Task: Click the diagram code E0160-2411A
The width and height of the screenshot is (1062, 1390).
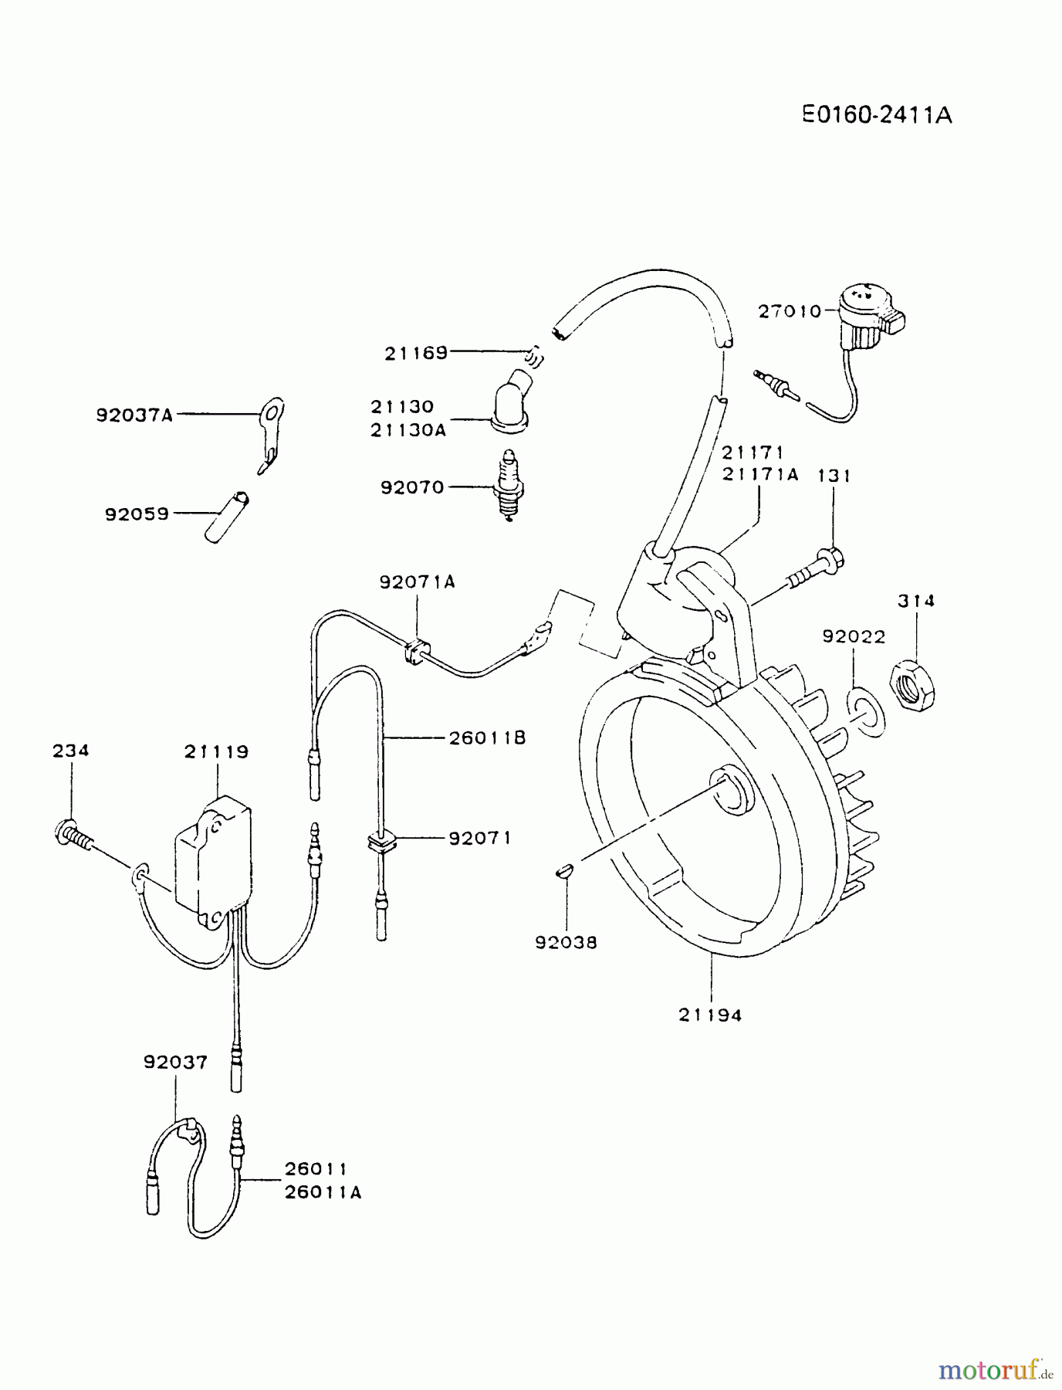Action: click(x=876, y=115)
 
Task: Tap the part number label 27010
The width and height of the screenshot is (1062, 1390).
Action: click(x=790, y=311)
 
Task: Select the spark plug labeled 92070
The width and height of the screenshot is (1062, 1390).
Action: click(x=510, y=486)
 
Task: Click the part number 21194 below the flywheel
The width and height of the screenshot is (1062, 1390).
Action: click(x=710, y=1015)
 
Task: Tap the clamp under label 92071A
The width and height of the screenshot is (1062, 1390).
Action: click(x=414, y=650)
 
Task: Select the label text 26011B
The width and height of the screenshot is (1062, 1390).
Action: click(x=487, y=738)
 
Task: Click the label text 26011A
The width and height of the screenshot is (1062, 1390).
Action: click(x=323, y=1192)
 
